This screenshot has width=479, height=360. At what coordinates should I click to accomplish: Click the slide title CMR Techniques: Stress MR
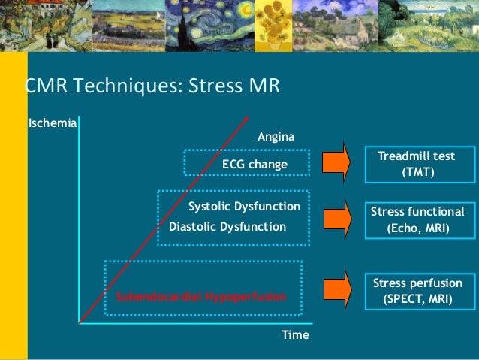click(x=152, y=88)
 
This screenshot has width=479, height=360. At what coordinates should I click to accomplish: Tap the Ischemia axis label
click(x=51, y=122)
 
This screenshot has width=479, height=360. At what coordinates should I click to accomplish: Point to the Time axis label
click(x=295, y=335)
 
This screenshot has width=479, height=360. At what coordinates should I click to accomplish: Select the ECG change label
click(x=255, y=164)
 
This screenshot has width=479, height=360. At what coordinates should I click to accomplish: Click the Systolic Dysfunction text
click(x=244, y=206)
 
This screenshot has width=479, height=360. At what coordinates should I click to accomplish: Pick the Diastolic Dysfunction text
click(x=227, y=226)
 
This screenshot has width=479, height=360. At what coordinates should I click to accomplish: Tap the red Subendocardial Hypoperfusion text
click(x=200, y=298)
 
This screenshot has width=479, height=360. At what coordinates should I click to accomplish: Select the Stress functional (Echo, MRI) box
click(x=417, y=219)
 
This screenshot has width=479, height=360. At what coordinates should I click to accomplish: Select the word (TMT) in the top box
click(x=417, y=172)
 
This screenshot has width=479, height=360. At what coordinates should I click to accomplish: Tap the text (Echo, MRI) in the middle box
click(x=417, y=227)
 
